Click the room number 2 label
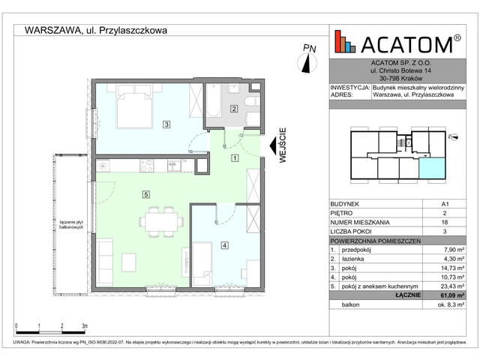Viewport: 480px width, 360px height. (x=234, y=109)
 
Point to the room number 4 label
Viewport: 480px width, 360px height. (x=223, y=244)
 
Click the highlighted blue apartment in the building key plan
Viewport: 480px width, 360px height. (x=430, y=169)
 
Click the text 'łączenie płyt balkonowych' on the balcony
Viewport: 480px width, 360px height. (x=74, y=223)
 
